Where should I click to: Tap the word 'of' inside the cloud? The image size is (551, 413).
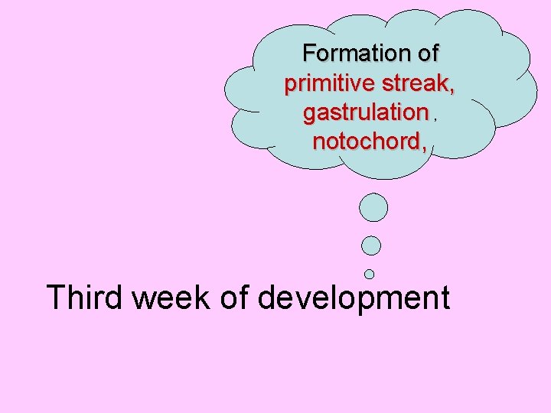click(x=426, y=54)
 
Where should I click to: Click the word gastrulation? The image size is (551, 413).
click(x=365, y=113)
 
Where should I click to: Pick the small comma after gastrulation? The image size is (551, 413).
click(x=435, y=119)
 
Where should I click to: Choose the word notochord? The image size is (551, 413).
click(x=365, y=141)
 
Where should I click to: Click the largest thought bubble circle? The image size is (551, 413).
click(x=373, y=207)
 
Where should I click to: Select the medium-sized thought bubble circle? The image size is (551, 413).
click(x=371, y=246)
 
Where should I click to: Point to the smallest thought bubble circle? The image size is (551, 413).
click(x=370, y=273)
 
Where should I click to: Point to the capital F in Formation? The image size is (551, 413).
click(x=308, y=54)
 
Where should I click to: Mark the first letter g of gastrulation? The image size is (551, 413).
click(x=309, y=115)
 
